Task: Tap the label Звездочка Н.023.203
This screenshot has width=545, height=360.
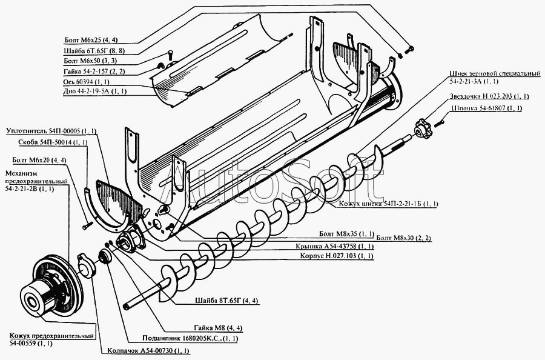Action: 489,96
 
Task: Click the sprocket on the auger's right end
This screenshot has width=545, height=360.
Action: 422,128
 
